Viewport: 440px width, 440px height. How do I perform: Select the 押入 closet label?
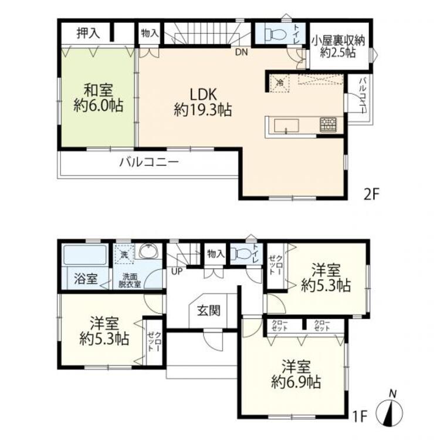pyautogui.click(x=88, y=33)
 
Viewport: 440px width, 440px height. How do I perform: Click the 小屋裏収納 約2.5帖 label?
pyautogui.click(x=339, y=47)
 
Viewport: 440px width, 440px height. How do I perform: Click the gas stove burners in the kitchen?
pyautogui.click(x=327, y=124)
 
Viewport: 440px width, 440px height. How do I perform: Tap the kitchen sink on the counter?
pyautogui.click(x=286, y=125)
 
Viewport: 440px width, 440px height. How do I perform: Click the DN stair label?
pyautogui.click(x=241, y=52)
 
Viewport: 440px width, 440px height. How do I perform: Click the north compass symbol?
pyautogui.click(x=392, y=411)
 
